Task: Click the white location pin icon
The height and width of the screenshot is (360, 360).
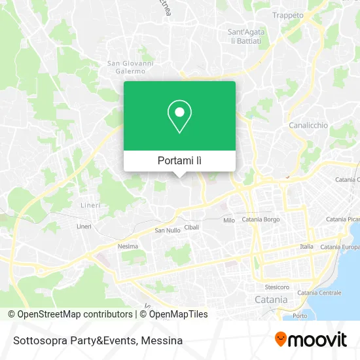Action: tap(179, 117)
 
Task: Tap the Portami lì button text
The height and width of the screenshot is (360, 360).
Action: tap(179, 160)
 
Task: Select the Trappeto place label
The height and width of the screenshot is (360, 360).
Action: tap(288, 15)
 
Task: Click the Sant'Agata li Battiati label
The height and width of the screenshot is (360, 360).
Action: tap(244, 36)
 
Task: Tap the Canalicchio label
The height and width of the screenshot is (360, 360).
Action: tap(308, 124)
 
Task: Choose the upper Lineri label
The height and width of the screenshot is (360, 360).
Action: tap(90, 205)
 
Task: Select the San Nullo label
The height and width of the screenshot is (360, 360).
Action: tap(167, 230)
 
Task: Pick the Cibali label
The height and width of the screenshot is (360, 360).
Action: tap(192, 227)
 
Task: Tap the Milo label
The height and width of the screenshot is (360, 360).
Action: tap(229, 221)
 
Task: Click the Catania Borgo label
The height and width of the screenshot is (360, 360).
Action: tap(261, 219)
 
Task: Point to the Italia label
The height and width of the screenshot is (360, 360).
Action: tap(306, 246)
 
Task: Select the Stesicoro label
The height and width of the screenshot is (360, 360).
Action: tap(277, 287)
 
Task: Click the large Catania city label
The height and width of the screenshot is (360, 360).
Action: tap(270, 299)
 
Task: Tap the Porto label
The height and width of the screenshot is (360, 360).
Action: tap(300, 316)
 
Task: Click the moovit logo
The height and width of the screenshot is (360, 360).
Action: tap(310, 339)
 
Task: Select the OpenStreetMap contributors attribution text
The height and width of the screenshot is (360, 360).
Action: tap(75, 314)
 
